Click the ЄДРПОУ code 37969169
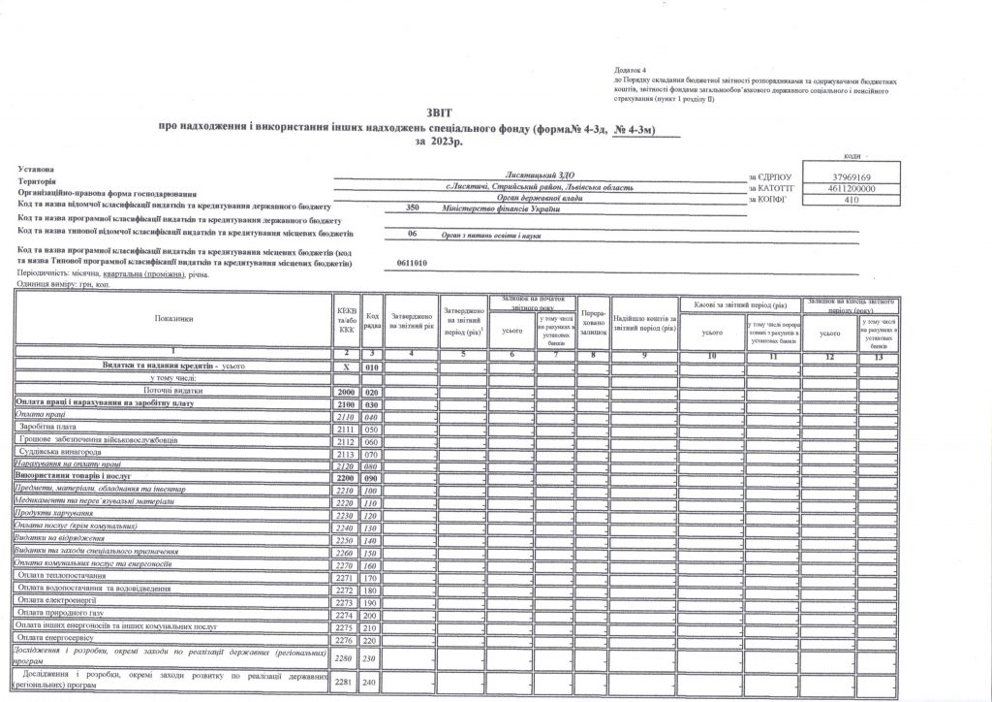click(852, 176)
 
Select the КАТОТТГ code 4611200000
click(852, 188)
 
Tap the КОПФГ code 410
click(852, 200)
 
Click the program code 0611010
click(413, 263)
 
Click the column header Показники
click(173, 318)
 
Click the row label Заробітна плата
click(47, 428)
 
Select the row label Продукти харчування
click(53, 513)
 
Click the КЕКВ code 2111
click(346, 428)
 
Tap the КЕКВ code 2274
click(346, 615)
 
